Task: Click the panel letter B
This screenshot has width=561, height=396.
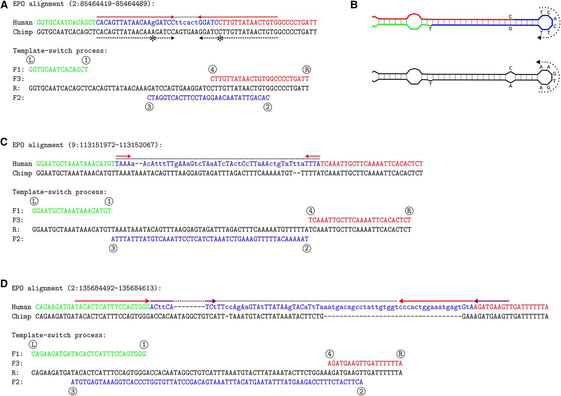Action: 354,4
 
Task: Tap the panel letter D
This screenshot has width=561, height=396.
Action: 4,283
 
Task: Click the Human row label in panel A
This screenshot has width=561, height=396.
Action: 22,22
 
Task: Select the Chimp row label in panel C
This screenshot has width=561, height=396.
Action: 22,173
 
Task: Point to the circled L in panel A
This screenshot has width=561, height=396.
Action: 30,60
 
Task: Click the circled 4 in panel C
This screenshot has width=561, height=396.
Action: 311,211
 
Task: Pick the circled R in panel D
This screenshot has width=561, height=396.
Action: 401,354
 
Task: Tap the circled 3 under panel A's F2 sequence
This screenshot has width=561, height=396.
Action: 149,107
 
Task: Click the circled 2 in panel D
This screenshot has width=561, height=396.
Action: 361,392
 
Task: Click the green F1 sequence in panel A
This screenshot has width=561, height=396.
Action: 58,70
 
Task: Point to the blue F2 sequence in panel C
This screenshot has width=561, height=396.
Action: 210,239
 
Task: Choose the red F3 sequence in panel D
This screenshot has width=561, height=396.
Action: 365,363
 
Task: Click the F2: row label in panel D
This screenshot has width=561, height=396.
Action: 18,382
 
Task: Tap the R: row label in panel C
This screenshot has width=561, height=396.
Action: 16,230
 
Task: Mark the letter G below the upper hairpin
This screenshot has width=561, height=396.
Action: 511,29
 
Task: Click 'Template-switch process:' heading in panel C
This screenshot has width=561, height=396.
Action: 60,192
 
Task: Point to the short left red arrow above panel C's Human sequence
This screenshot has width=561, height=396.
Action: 123,156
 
